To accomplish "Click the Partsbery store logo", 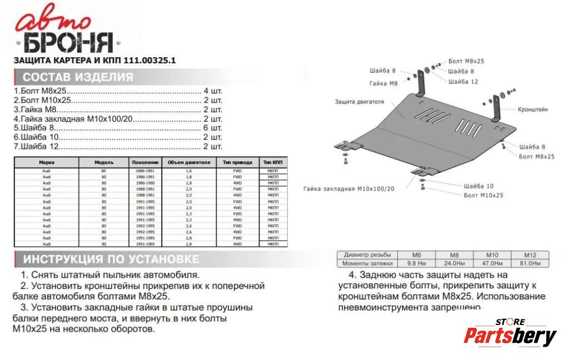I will pos(510,334).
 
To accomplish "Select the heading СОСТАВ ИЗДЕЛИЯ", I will pos(78,77).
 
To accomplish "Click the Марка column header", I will pos(47,162).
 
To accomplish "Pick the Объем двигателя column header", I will pos(189,162).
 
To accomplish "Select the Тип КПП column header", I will pos(273,162).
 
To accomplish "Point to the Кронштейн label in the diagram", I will pos(532,109).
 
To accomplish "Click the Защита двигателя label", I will pos(359,102).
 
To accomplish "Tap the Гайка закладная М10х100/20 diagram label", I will pos(348,189).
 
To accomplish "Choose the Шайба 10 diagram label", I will pos(478,186).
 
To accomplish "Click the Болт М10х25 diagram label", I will pos(483,196).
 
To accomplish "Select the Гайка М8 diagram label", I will pos(383,83).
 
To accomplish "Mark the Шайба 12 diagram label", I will pos(462,82).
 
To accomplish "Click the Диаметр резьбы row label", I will pos(364,254).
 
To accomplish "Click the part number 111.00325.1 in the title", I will pos(149,61).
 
